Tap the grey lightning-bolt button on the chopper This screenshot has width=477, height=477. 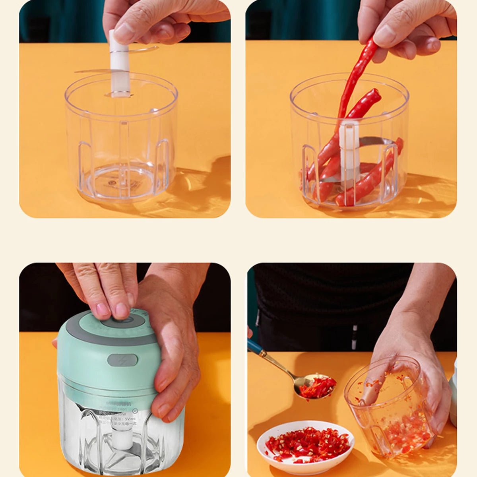pyautogui.click(x=122, y=360)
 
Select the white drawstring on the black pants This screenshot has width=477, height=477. pyautogui.click(x=354, y=332)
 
